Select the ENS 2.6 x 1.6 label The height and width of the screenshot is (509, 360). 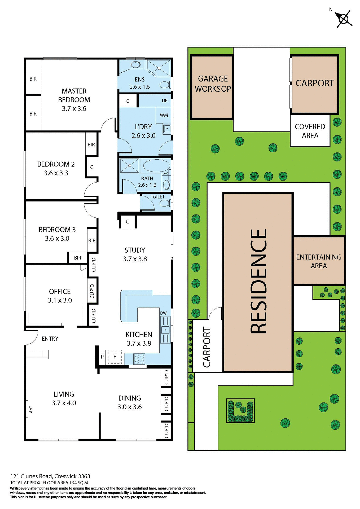point(140,83)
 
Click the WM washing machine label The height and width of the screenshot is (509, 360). point(164,115)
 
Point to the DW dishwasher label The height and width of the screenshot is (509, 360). point(164,313)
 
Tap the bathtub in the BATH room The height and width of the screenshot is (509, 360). point(156,166)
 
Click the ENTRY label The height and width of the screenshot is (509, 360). point(50,339)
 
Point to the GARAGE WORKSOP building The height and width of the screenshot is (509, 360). point(212,87)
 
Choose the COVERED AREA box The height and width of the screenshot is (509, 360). point(310,131)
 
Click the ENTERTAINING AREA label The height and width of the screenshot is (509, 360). point(319,261)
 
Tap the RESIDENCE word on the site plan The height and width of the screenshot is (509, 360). point(258,281)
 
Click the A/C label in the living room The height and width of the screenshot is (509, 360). point(31,409)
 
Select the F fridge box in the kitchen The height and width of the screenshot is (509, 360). point(115,357)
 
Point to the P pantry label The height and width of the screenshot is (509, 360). point(102,357)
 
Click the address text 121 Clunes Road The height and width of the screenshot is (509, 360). point(50,476)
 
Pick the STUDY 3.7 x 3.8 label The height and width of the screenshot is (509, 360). point(135,254)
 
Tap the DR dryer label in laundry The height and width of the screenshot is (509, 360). point(165,100)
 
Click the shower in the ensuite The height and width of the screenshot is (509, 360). point(159,68)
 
